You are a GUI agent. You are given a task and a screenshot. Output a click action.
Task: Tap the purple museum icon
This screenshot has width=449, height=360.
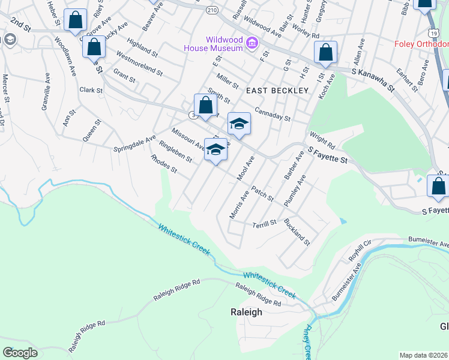pos(252,43)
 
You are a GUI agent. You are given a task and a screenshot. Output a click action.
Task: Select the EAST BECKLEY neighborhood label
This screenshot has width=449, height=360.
pos(277,90)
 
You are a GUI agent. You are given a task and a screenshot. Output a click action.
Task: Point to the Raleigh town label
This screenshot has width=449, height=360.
pos(246,312)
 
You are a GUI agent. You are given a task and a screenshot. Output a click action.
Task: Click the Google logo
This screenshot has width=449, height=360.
pos(20,353)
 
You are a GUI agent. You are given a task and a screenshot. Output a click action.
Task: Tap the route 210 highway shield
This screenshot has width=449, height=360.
pos(211,10)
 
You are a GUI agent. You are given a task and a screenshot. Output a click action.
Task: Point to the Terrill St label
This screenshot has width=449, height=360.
pos(264,223)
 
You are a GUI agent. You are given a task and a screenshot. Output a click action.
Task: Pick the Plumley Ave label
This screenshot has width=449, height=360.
pos(295,190)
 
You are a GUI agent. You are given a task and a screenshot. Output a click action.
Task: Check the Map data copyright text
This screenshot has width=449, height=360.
pos(424,355)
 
